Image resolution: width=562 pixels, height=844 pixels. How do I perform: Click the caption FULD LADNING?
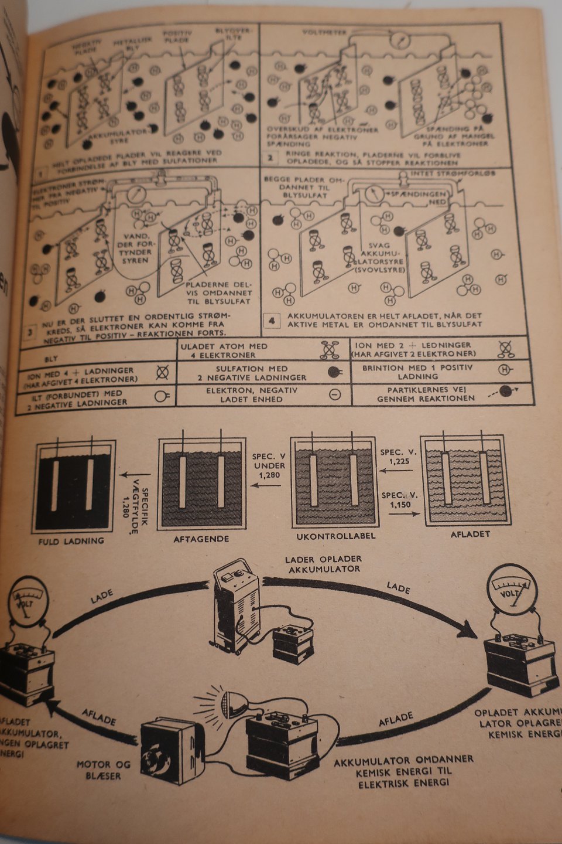(x=71, y=541)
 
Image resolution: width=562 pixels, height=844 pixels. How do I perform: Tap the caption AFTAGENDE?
(x=201, y=539)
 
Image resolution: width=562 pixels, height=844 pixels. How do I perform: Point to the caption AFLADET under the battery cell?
(x=470, y=534)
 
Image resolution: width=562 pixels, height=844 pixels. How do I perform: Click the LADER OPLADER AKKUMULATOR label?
(x=323, y=564)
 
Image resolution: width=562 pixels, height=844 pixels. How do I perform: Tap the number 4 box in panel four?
(x=271, y=321)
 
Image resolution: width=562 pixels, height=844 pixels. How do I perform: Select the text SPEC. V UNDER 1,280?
(x=269, y=465)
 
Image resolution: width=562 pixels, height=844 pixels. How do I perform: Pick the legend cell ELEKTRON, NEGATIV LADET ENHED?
(x=263, y=394)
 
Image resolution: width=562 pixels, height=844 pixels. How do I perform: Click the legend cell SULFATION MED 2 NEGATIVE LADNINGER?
(x=263, y=373)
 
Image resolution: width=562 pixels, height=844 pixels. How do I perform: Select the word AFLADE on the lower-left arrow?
(x=98, y=716)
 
